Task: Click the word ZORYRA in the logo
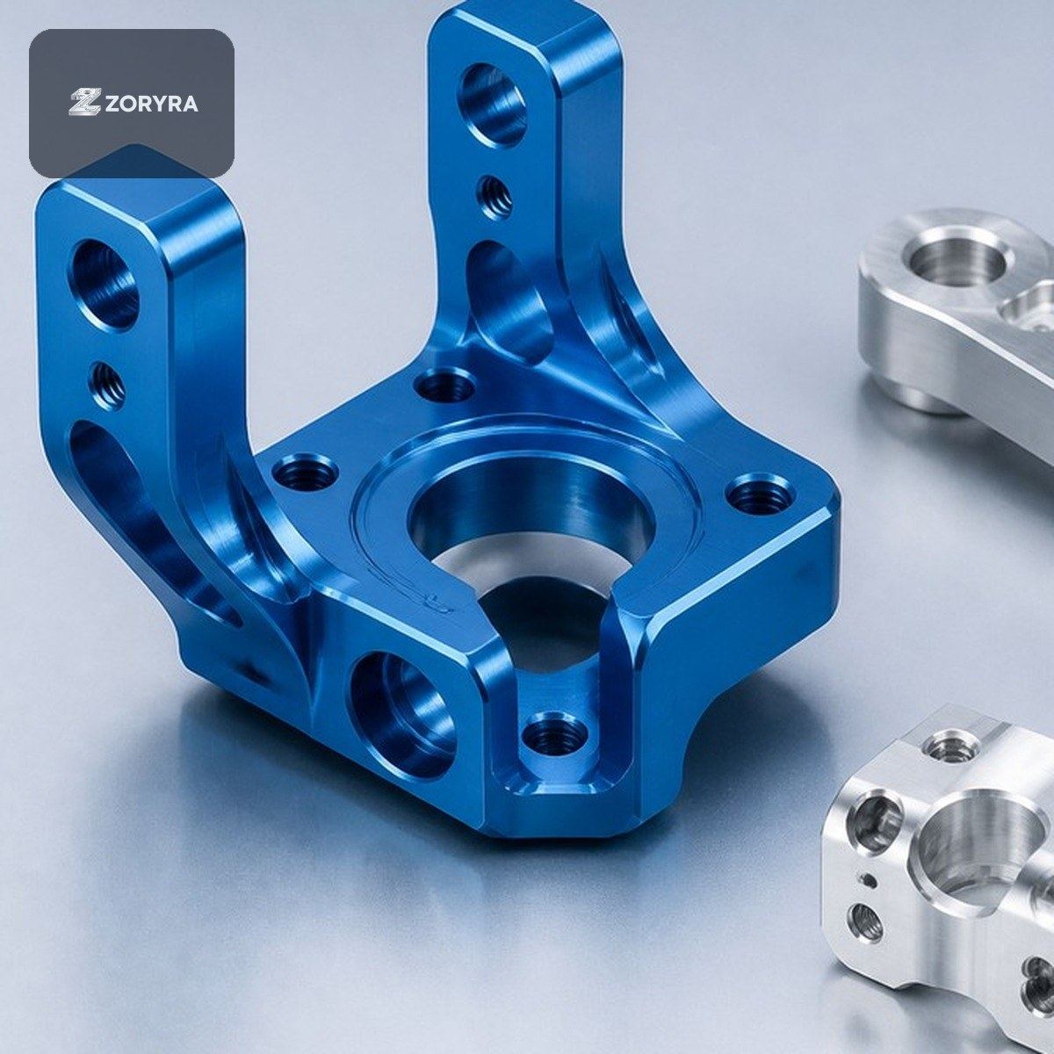pyautogui.click(x=150, y=104)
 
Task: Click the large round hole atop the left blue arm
pyautogui.click(x=104, y=285)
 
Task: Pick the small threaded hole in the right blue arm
pyautogui.click(x=495, y=197)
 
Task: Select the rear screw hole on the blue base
pyautogui.click(x=444, y=387)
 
